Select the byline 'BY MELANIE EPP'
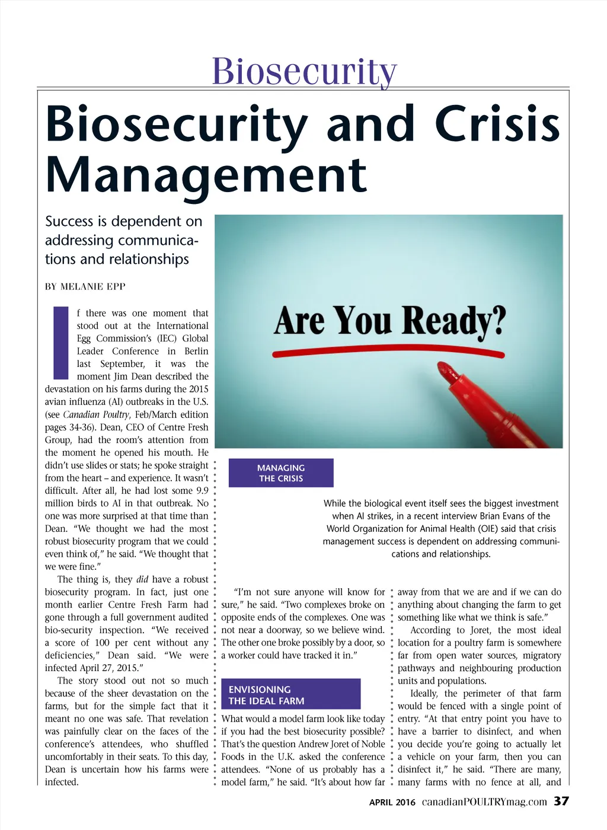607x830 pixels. pyautogui.click(x=85, y=286)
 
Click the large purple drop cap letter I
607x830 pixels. pyautogui.click(x=61, y=342)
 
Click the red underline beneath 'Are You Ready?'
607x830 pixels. pyautogui.click(x=389, y=353)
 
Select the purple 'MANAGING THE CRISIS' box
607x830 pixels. pyautogui.click(x=281, y=473)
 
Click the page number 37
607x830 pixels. pyautogui.click(x=561, y=802)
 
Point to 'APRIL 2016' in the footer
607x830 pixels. pyautogui.click(x=392, y=803)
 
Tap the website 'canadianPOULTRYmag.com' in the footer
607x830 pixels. pyautogui.click(x=484, y=802)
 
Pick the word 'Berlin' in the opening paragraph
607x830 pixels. pyautogui.click(x=196, y=351)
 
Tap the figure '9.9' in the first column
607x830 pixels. pyautogui.click(x=202, y=490)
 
